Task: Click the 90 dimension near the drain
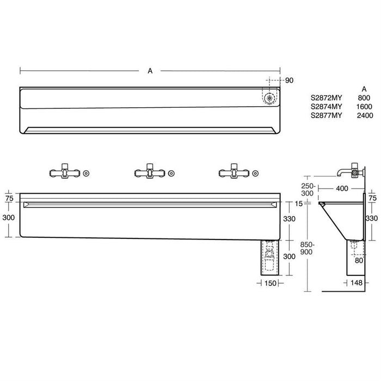[x=289, y=81]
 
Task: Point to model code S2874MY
[x=326, y=107]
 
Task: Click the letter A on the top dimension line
[x=150, y=71]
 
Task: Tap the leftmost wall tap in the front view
[x=64, y=172]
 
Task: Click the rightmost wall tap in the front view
[x=233, y=172]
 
